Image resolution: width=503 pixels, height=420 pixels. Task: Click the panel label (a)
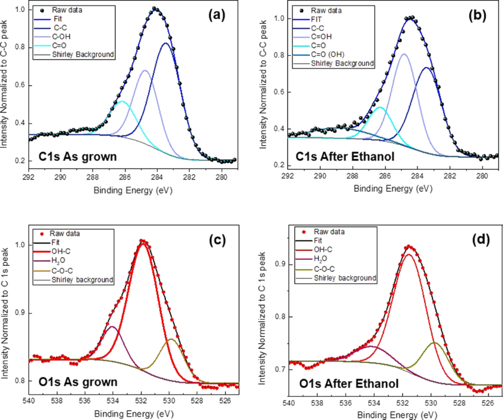tap(216, 16)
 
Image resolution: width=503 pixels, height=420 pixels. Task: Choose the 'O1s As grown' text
tap(78, 382)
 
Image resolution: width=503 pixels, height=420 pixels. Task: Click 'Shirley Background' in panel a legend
tap(83, 54)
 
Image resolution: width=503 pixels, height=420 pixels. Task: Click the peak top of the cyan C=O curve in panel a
tap(122, 101)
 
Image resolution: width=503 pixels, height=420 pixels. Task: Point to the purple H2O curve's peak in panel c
tap(112, 327)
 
